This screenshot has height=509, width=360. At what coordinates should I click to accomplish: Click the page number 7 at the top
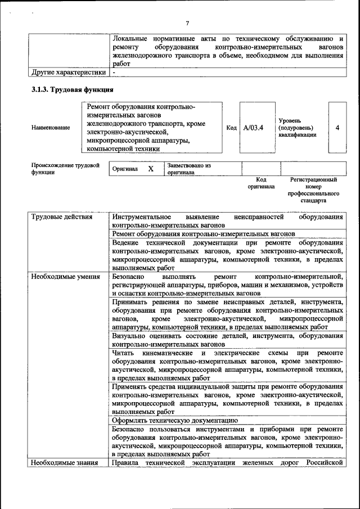[187, 23]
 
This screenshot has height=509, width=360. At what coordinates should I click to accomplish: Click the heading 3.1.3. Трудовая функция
[73, 90]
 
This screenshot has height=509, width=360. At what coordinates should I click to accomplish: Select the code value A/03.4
[253, 128]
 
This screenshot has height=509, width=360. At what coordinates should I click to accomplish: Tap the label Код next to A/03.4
[231, 128]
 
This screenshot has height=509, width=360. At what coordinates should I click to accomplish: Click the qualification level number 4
[337, 128]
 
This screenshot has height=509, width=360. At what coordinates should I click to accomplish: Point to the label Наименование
[51, 128]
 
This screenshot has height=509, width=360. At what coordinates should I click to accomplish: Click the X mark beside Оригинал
[151, 169]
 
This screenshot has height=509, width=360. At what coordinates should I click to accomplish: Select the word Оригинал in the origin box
[125, 169]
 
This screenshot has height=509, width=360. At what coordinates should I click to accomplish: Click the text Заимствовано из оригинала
[188, 169]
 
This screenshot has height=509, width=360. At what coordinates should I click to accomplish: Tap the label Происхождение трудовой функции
[65, 169]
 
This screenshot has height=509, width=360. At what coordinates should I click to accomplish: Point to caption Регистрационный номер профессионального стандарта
[313, 190]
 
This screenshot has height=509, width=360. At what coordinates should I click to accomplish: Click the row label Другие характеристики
[69, 73]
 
